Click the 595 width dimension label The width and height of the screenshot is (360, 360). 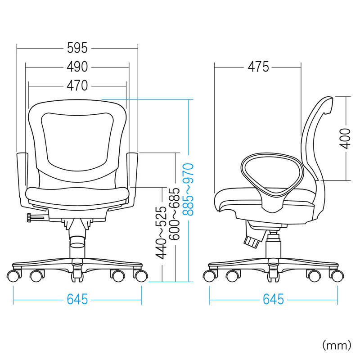(x=77, y=48)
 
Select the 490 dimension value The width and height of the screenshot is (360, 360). (x=77, y=67)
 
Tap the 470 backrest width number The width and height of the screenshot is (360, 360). (x=77, y=85)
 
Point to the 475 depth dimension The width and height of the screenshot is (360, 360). (x=258, y=67)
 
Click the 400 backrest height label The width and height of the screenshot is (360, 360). (x=345, y=139)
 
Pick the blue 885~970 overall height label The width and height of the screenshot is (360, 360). (x=188, y=189)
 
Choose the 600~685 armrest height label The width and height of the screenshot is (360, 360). (x=174, y=214)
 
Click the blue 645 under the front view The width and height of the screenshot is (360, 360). (x=77, y=299)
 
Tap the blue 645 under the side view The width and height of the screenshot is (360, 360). (x=274, y=299)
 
